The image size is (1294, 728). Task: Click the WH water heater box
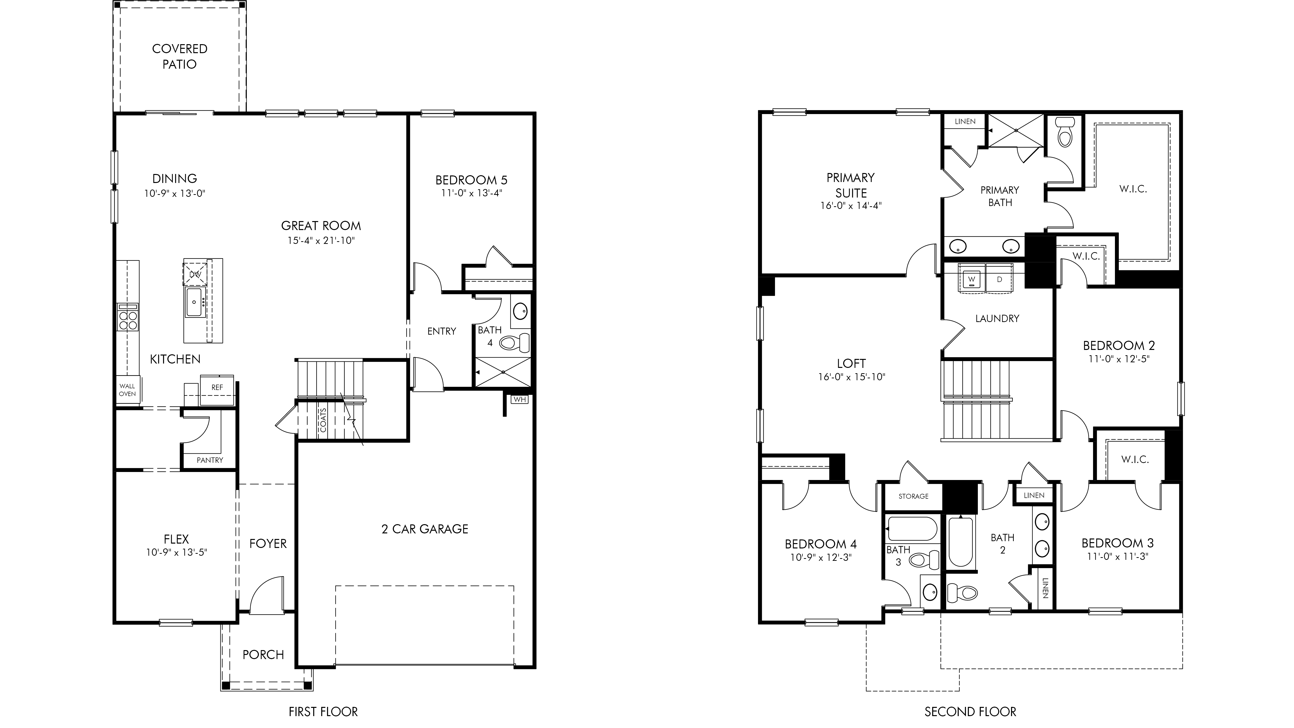point(519,399)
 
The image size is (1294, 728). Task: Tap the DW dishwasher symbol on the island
point(195,274)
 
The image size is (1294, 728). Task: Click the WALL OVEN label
point(127,390)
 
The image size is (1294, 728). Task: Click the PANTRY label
point(210,460)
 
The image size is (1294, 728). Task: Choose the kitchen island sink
point(194,302)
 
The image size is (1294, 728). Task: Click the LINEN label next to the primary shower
point(965,122)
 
